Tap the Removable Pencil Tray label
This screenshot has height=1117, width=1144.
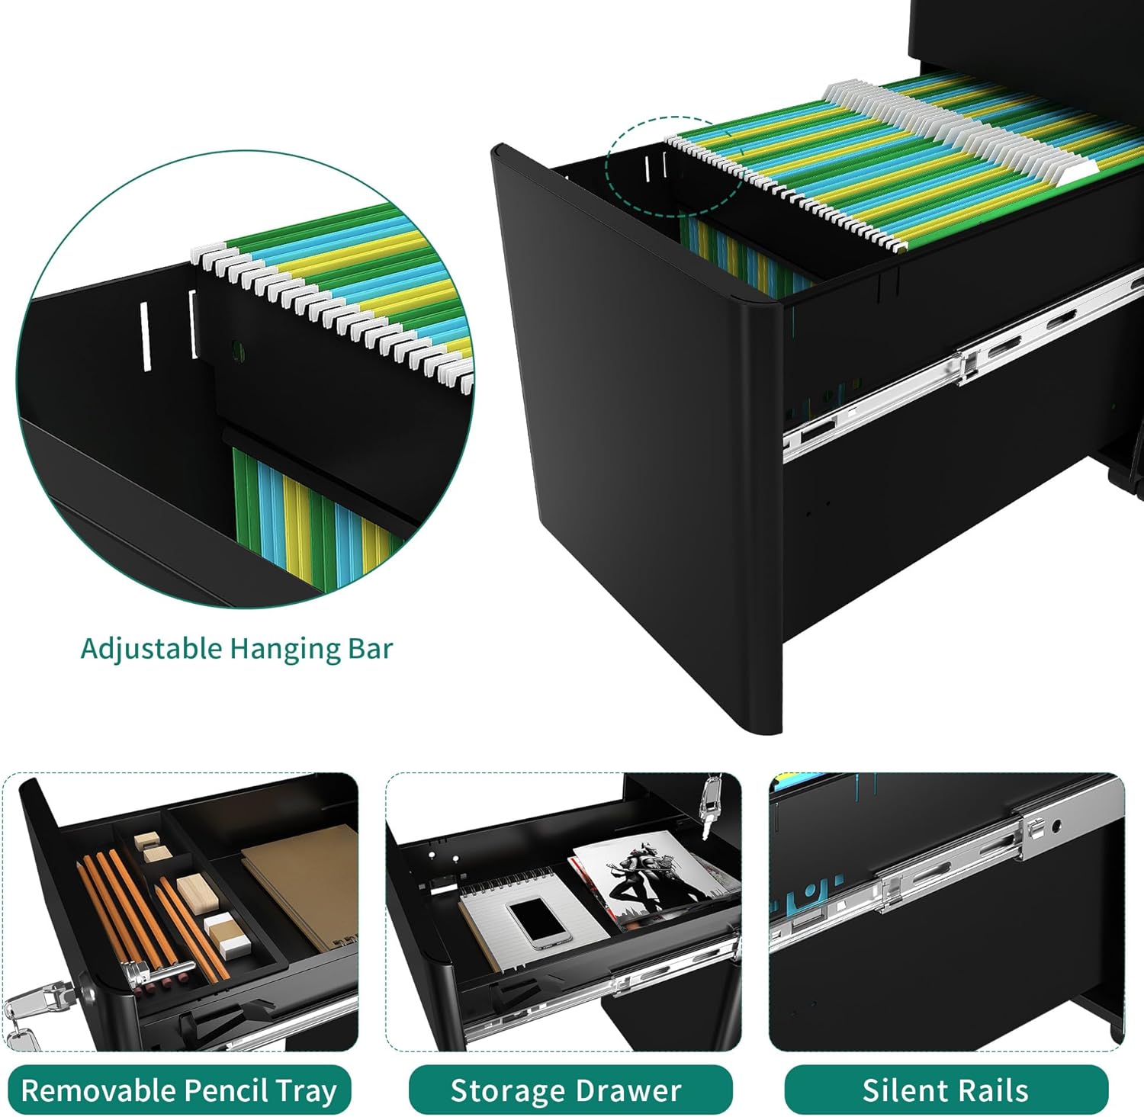[179, 1090]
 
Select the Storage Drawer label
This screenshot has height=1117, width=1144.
[566, 1090]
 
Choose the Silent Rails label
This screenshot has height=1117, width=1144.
[945, 1090]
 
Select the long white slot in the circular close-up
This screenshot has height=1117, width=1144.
[143, 336]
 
